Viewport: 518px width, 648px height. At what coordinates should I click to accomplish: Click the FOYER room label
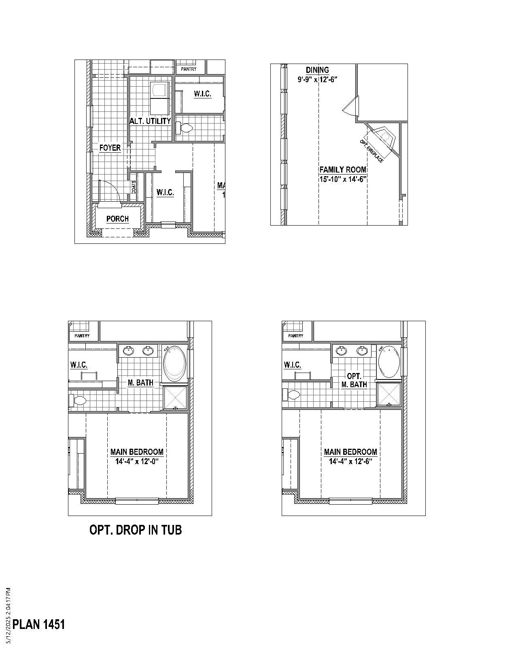[x=110, y=148]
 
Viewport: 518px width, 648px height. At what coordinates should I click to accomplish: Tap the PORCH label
[x=117, y=219]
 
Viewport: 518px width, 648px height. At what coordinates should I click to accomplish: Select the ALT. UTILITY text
[x=150, y=121]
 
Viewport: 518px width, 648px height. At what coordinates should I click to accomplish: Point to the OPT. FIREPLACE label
[x=371, y=151]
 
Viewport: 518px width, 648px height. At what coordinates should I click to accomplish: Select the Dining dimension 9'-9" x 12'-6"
[x=317, y=79]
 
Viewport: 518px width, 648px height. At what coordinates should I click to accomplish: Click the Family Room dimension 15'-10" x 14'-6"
[x=342, y=179]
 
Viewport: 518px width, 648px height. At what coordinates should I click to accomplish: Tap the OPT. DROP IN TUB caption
[x=136, y=530]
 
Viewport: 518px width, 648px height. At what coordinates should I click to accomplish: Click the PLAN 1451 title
[x=39, y=624]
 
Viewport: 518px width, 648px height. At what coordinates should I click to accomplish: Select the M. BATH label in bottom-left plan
[x=140, y=382]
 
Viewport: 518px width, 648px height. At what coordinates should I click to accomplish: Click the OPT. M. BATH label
[x=354, y=380]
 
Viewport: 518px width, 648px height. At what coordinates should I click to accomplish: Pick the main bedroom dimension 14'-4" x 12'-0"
[x=137, y=461]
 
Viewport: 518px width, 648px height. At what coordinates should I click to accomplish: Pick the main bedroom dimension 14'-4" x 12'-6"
[x=350, y=461]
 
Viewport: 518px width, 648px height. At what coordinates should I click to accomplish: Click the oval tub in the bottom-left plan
[x=175, y=363]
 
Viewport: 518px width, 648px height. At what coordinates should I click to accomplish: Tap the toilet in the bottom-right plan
[x=292, y=394]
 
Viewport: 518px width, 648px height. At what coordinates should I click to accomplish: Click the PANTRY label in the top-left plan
[x=189, y=69]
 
